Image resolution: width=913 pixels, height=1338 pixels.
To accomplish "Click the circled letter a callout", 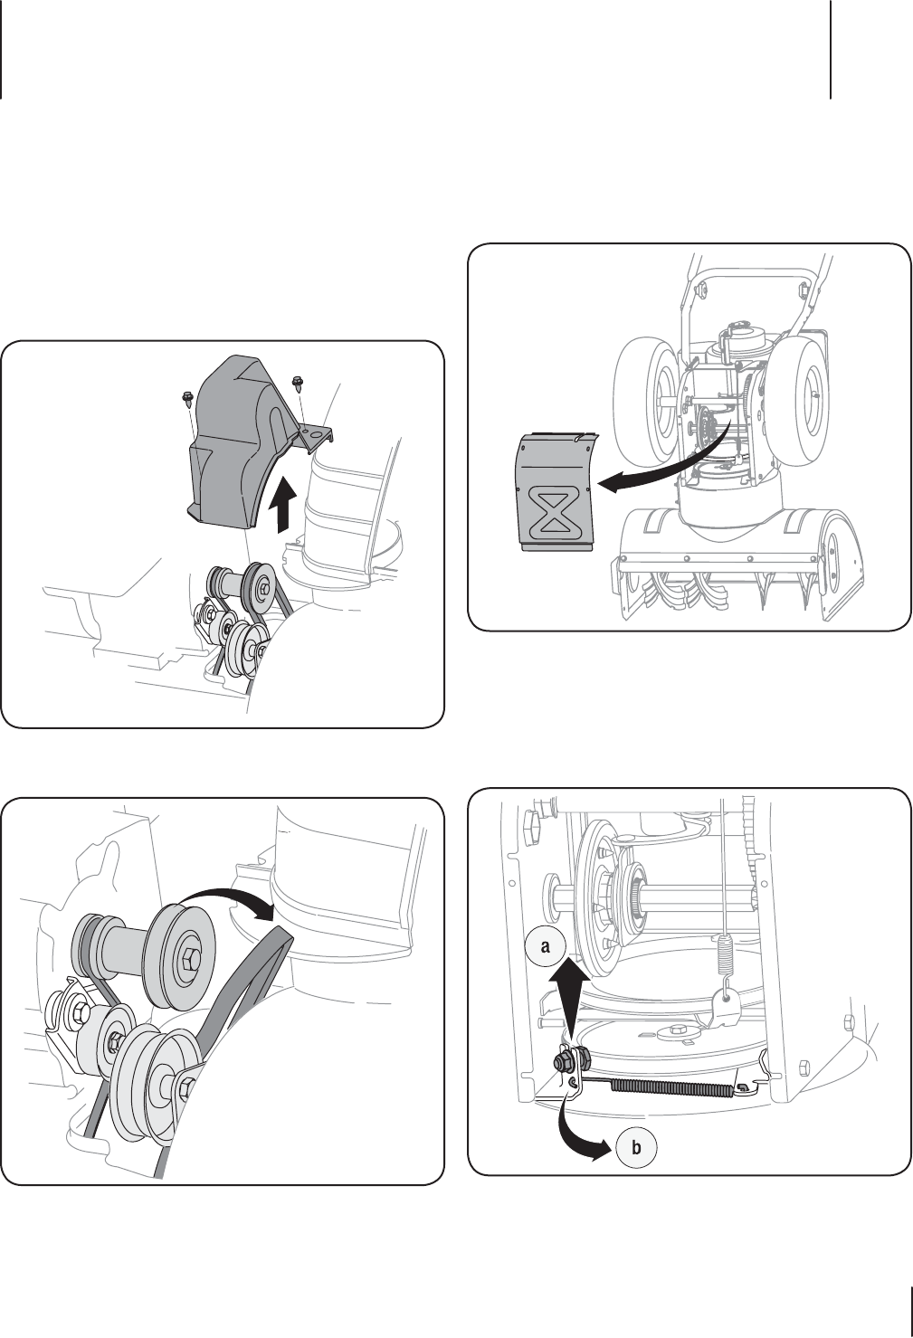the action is (545, 946).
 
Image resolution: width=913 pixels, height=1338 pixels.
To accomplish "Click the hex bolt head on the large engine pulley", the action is (189, 961).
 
